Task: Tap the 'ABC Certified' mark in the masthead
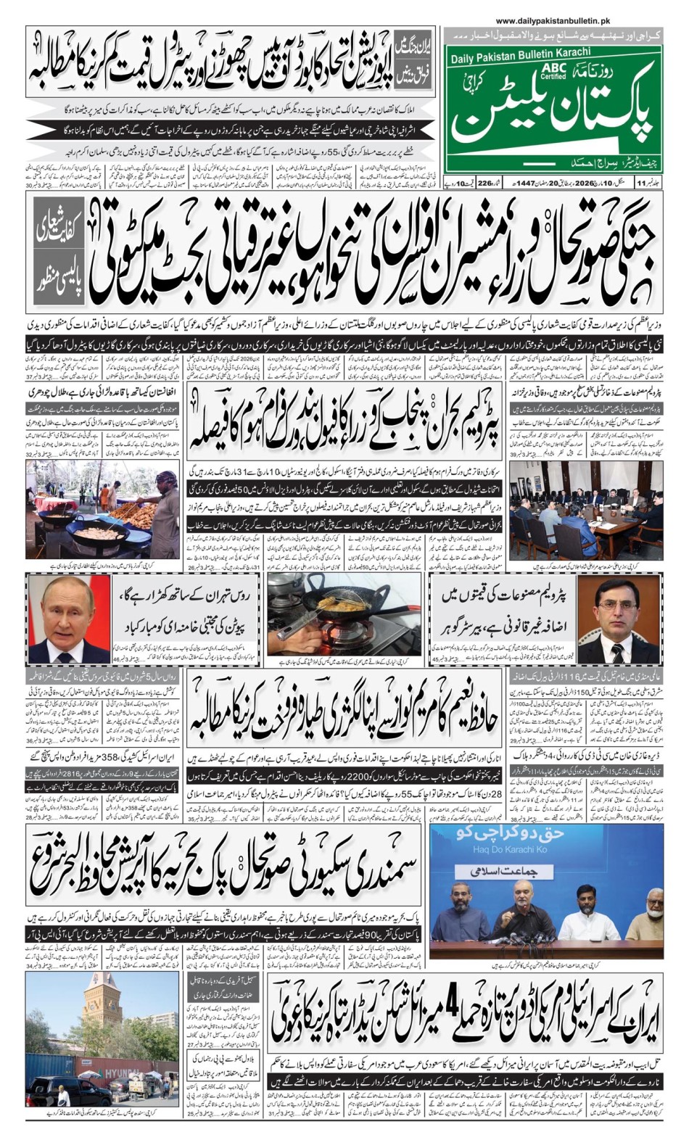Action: click(x=553, y=70)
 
